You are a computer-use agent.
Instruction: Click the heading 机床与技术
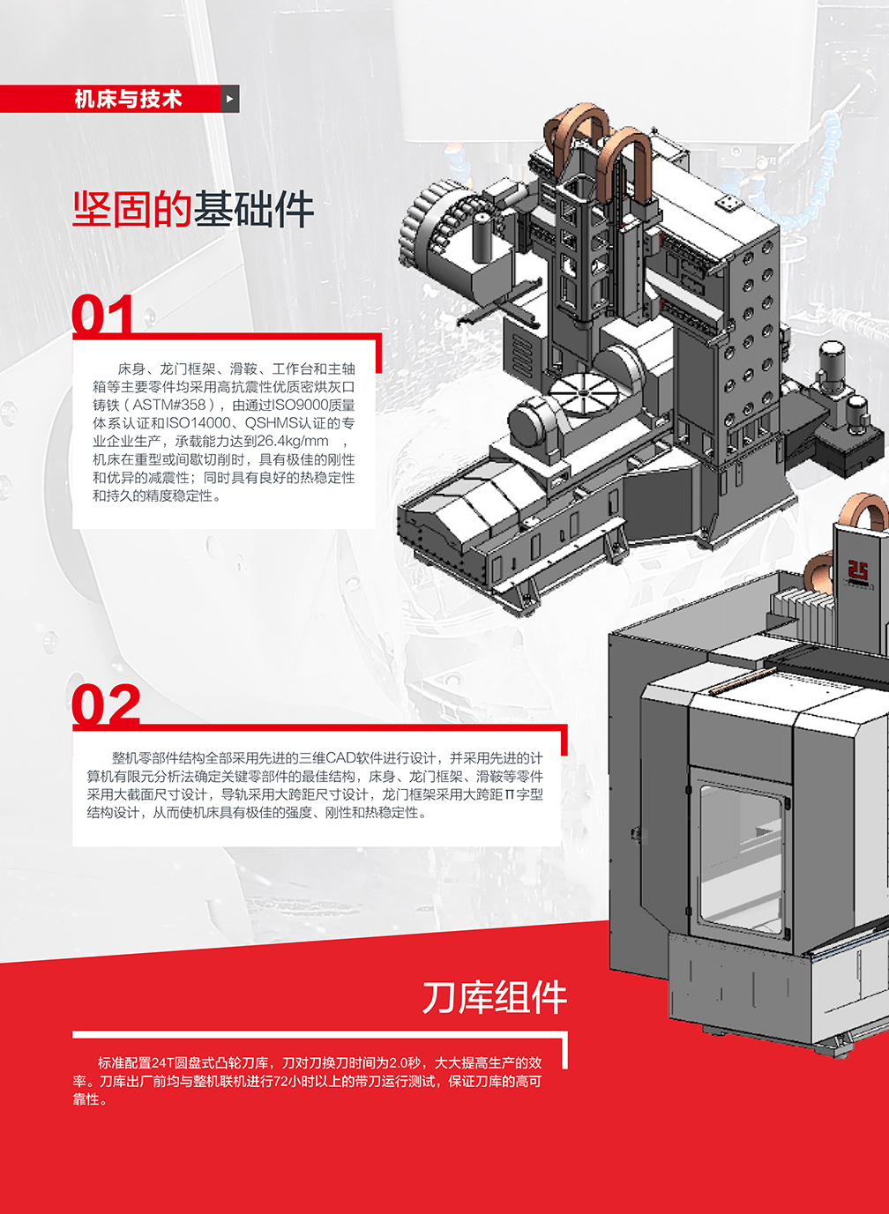click(x=128, y=99)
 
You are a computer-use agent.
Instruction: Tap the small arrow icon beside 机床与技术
click(x=230, y=99)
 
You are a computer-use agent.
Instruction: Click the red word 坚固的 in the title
click(x=132, y=209)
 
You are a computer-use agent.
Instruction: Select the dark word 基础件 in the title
click(x=254, y=209)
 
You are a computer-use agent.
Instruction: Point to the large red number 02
click(x=106, y=703)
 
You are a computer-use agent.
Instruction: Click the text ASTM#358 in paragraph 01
click(x=169, y=405)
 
